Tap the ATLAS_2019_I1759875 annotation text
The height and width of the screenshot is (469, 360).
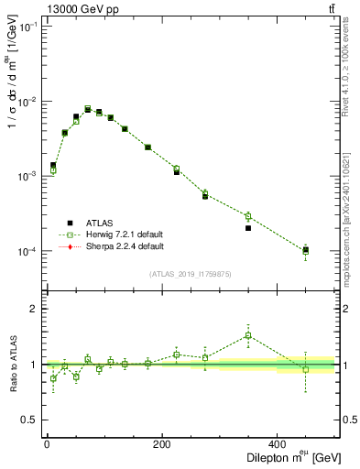(x=191, y=274)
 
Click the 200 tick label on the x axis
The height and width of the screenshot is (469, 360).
(x=162, y=442)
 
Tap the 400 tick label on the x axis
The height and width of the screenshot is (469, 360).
(x=278, y=442)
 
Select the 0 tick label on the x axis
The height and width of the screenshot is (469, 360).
(x=47, y=442)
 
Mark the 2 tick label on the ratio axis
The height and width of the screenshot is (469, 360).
(x=34, y=309)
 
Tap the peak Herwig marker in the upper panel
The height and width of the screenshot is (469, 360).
(x=88, y=109)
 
